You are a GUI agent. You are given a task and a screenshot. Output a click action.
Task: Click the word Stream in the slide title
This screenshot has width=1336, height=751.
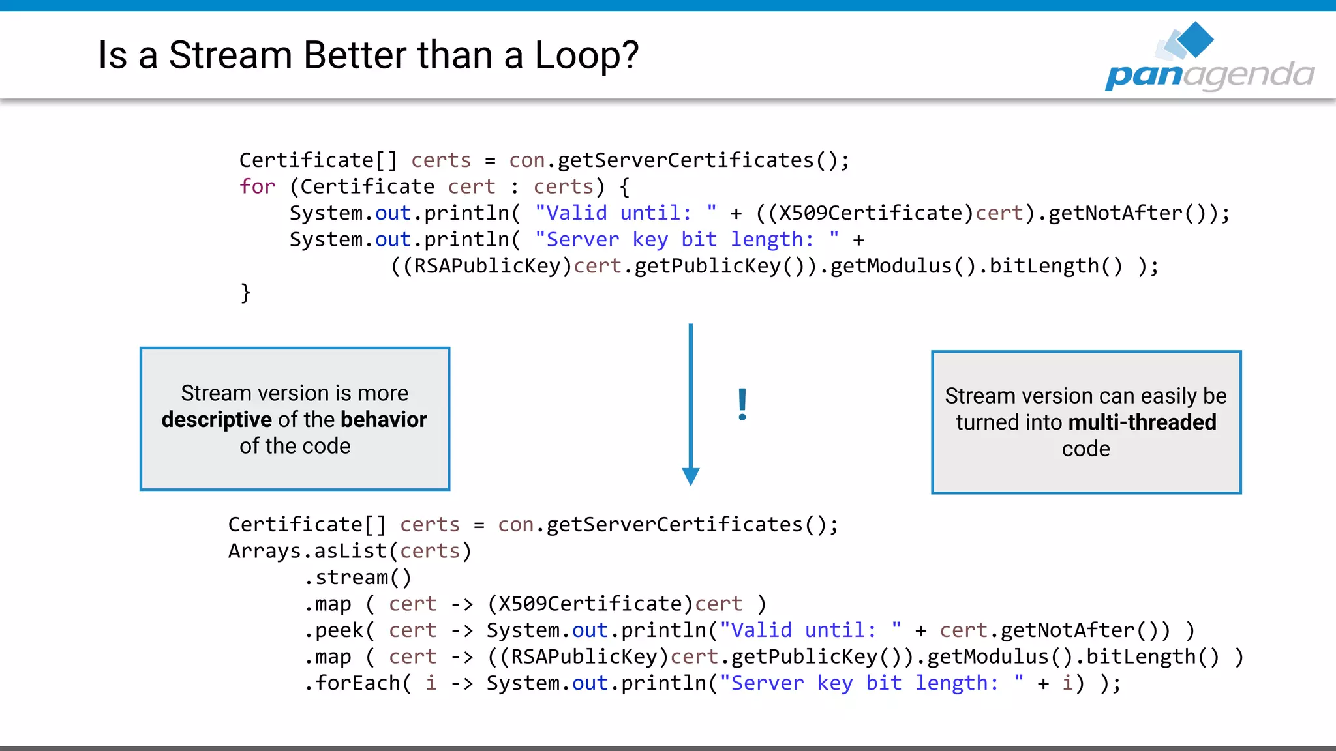230,55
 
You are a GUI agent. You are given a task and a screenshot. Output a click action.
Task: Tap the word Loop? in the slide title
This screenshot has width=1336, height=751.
586,55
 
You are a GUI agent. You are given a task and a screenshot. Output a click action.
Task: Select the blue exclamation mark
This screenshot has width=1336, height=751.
742,404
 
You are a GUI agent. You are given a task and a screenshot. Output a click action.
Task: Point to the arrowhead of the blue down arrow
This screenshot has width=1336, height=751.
690,477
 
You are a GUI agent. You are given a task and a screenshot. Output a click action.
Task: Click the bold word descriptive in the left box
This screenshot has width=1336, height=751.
216,420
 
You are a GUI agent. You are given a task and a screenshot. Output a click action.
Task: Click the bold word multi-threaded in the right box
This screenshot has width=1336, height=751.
1142,422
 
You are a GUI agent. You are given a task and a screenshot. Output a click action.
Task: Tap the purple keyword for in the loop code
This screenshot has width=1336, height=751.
257,186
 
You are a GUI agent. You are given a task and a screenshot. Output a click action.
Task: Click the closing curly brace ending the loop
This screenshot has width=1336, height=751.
245,292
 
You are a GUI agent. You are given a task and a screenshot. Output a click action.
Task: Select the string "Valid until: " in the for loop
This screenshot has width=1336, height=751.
625,213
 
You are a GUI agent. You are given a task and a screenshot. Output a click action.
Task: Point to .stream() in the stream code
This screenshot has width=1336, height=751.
357,578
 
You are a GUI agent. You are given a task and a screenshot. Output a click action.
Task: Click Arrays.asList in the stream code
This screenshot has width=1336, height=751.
307,551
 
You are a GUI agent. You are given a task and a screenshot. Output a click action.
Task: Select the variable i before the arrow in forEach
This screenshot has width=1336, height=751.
431,683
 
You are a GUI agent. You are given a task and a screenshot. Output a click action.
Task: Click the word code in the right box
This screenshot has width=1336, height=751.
1085,449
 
